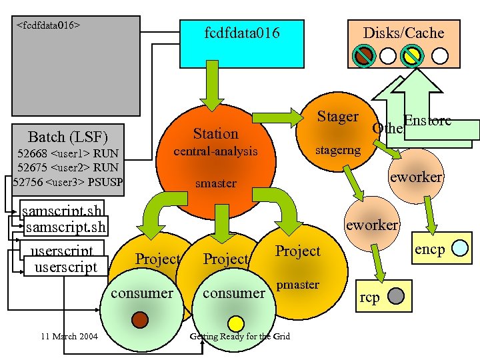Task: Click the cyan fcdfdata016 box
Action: [241, 41]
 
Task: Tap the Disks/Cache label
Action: [403, 33]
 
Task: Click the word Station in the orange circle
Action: [215, 133]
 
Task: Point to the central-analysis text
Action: [215, 151]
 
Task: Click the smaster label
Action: [215, 183]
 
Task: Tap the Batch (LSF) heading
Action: [67, 137]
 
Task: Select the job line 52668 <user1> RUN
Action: [68, 154]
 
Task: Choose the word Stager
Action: [337, 117]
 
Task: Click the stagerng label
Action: [337, 149]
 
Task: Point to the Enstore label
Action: [427, 121]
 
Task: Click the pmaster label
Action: [299, 285]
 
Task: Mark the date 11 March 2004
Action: [68, 336]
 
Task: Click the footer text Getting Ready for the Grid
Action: [240, 336]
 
